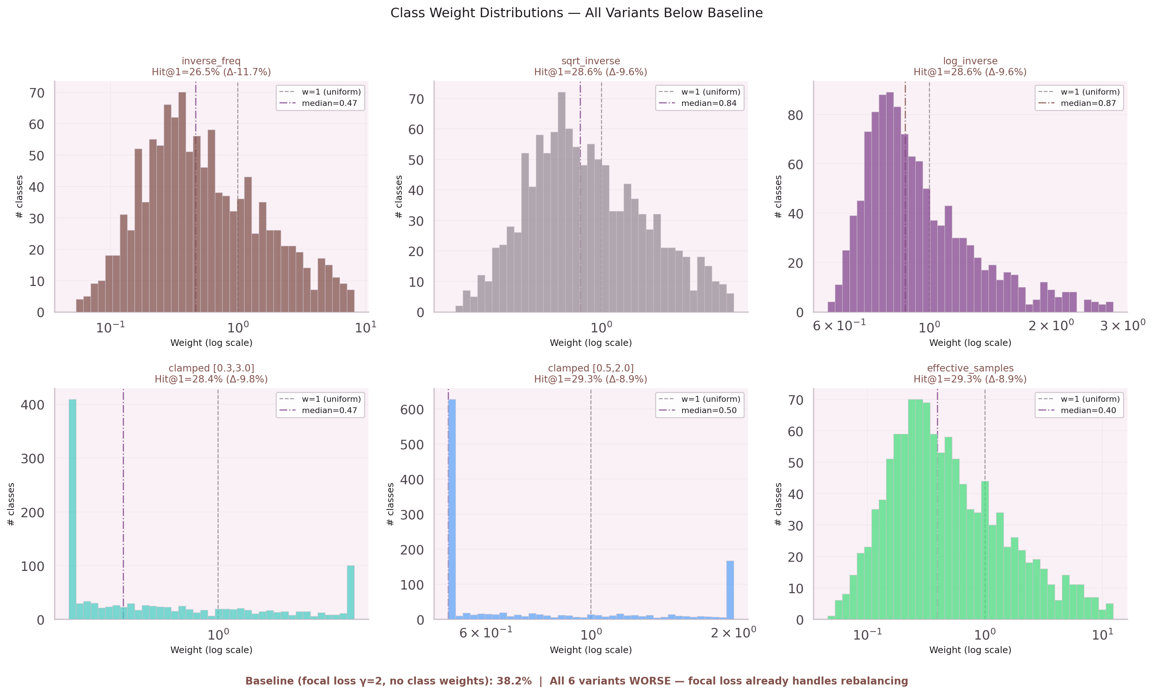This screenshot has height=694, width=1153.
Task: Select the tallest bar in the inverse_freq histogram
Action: point(182,201)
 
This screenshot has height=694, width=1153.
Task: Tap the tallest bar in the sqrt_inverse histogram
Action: point(562,201)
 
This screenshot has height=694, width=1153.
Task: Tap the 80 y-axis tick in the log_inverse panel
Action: point(795,115)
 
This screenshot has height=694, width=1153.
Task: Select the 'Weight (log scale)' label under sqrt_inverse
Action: point(590,343)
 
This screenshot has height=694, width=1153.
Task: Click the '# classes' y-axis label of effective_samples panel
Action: point(778,504)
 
